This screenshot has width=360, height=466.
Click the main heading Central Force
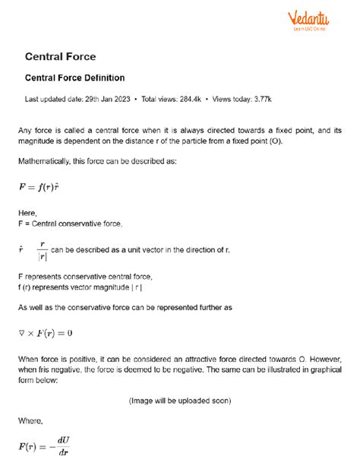pos(60,56)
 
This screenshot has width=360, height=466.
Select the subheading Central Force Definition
pos(74,78)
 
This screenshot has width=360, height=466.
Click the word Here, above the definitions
pos(27,214)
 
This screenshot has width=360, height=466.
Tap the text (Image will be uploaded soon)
pos(180,400)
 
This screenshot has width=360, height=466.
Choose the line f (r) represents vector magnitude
pos(79,287)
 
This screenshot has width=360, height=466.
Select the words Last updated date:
pos(52,99)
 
